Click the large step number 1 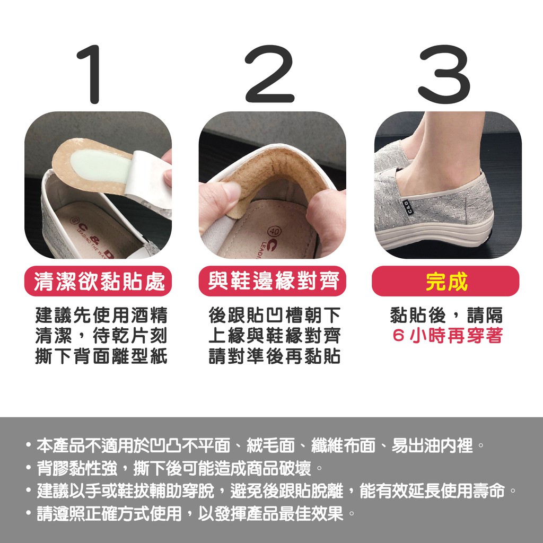pyautogui.click(x=91, y=74)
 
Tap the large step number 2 pyautogui.click(x=269, y=74)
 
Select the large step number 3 pyautogui.click(x=444, y=74)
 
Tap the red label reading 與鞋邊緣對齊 pyautogui.click(x=272, y=281)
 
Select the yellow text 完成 pyautogui.click(x=446, y=282)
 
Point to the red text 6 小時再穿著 pyautogui.click(x=448, y=335)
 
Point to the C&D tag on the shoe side pyautogui.click(x=406, y=208)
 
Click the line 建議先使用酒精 pyautogui.click(x=101, y=315)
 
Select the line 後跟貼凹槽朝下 pyautogui.click(x=275, y=315)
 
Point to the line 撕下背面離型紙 pyautogui.click(x=101, y=356)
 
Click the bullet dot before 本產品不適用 pyautogui.click(x=29, y=445)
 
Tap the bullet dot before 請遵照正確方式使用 pyautogui.click(x=29, y=513)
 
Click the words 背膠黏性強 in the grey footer pyautogui.click(x=77, y=468)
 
